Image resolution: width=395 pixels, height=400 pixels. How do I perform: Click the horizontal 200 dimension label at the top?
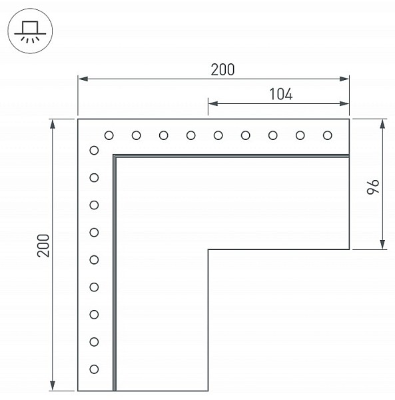(x=222, y=69)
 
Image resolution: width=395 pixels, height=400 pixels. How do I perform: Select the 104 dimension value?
(x=281, y=94)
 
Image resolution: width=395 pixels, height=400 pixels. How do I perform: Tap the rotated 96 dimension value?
(x=373, y=187)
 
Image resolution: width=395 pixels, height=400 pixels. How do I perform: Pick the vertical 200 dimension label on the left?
(x=43, y=245)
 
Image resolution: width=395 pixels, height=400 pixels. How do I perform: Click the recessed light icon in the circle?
(x=30, y=31)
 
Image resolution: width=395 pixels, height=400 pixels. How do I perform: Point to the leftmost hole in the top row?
(x=109, y=135)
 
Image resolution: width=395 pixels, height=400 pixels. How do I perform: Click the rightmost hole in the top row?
(x=328, y=135)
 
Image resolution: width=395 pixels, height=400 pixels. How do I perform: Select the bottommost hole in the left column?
(x=94, y=369)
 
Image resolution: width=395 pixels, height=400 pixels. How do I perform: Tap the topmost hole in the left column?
(x=94, y=151)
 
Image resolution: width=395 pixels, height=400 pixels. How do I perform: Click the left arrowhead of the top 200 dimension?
(x=83, y=79)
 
